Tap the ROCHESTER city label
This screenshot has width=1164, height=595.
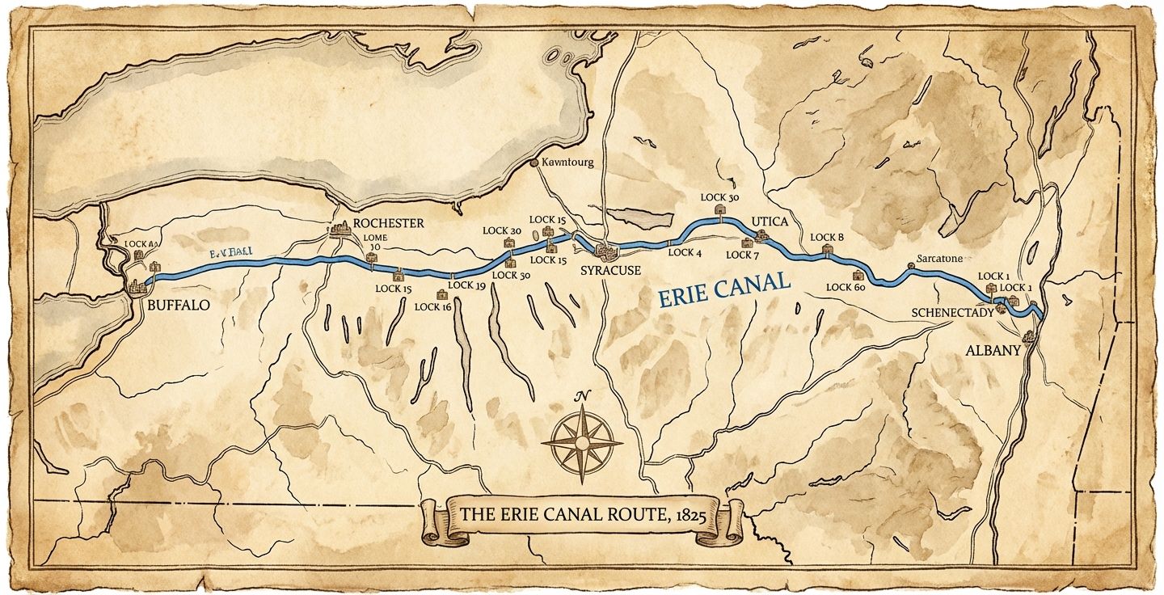click(388, 223)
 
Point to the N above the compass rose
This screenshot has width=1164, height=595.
click(580, 395)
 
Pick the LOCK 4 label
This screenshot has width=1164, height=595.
click(685, 253)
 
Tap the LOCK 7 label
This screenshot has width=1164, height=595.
click(743, 255)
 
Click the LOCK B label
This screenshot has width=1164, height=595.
click(827, 237)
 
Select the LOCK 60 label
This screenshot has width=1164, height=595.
click(846, 287)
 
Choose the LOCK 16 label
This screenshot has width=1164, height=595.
click(432, 306)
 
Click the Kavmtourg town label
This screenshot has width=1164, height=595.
click(567, 162)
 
